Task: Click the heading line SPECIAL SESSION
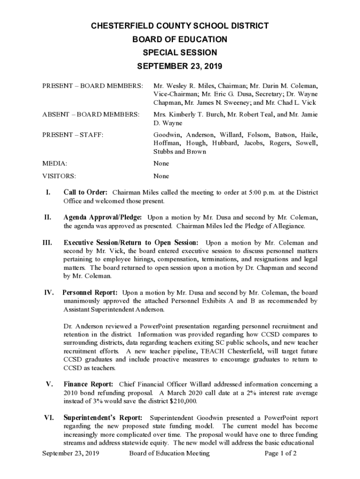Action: pos(180,53)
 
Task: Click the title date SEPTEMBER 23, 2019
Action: pos(180,66)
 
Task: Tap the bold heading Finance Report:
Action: pos(88,385)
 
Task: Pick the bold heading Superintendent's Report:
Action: pos(103,418)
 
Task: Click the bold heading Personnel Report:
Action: pos(90,292)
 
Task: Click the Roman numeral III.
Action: pos(47,243)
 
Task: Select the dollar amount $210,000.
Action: pos(180,401)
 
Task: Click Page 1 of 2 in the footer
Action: pos(281,453)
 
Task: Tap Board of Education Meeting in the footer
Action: pos(169,453)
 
